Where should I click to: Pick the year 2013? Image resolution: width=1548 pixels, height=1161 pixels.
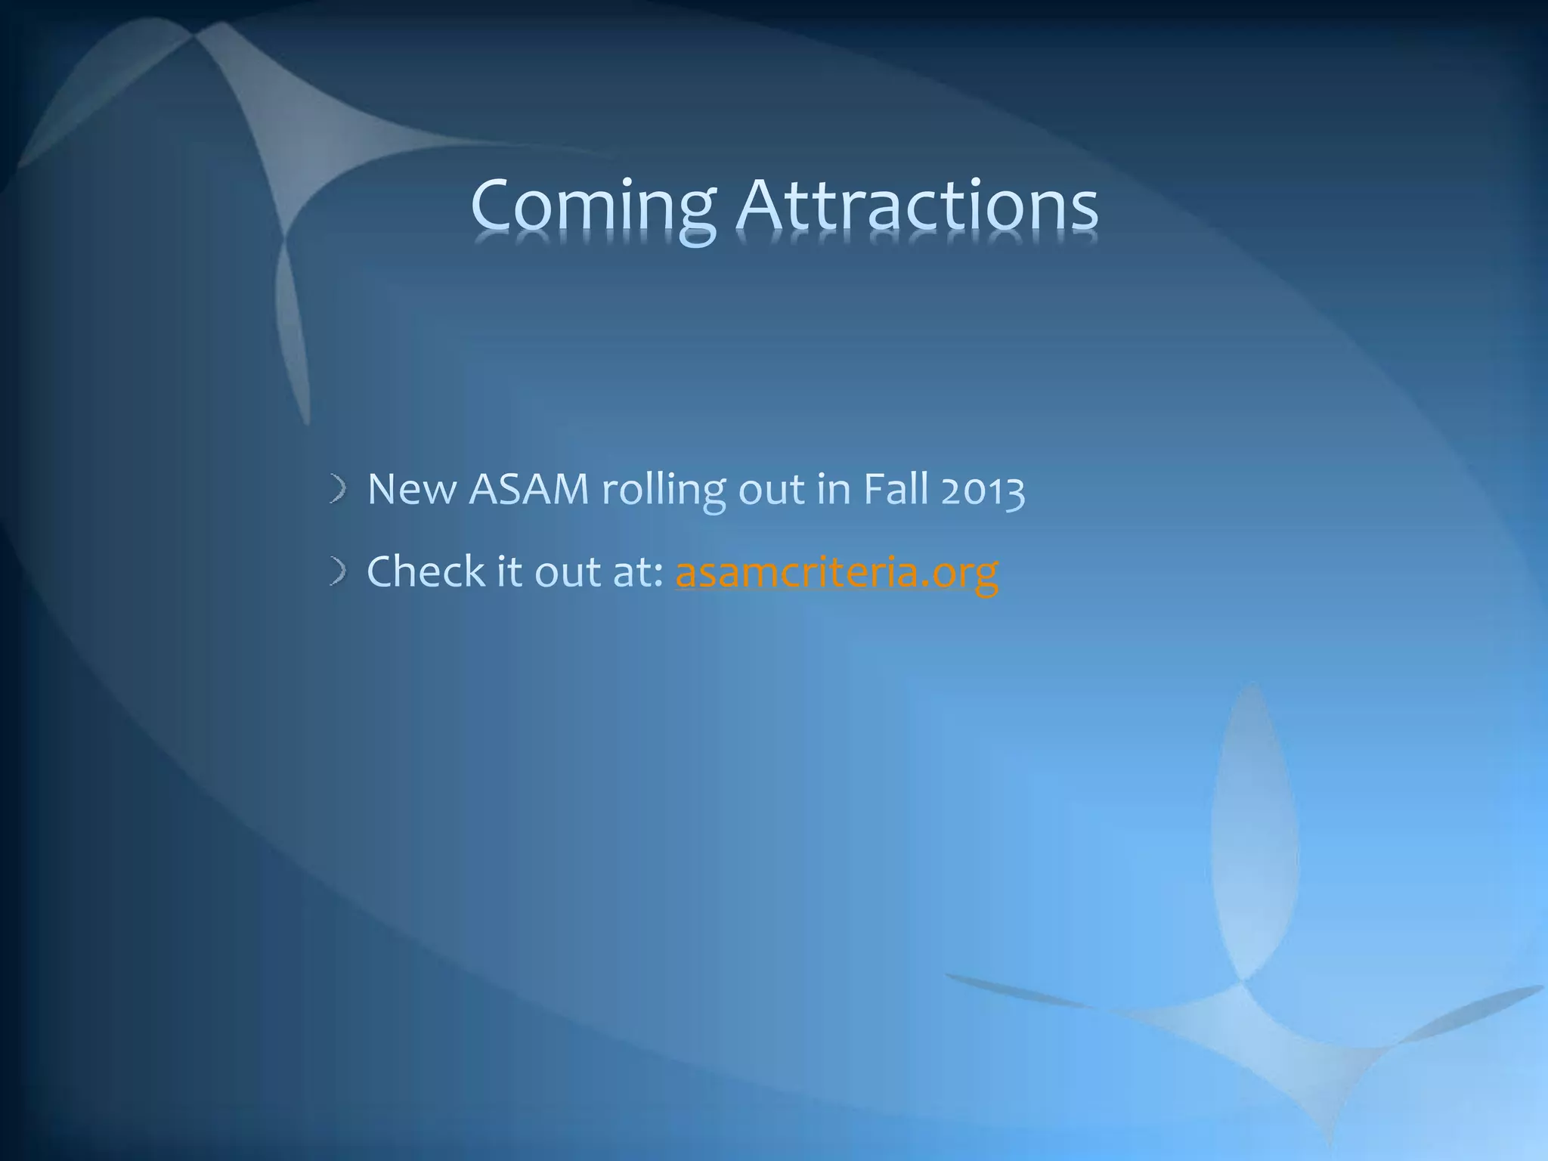click(x=983, y=490)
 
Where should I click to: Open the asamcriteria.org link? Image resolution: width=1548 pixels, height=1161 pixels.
click(x=837, y=572)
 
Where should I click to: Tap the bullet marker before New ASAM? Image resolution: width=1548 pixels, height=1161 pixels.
click(x=338, y=491)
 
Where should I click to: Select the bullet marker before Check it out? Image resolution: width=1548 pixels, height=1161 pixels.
click(x=338, y=572)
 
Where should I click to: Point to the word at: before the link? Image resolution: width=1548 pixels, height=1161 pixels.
click(x=638, y=572)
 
